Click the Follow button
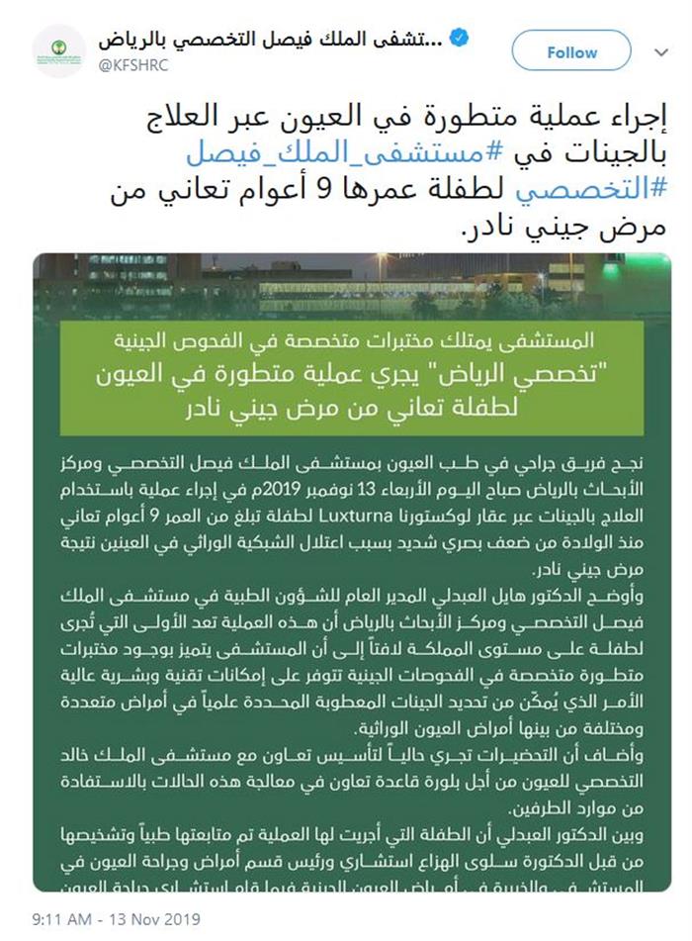point(571,52)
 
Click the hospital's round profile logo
point(58,51)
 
